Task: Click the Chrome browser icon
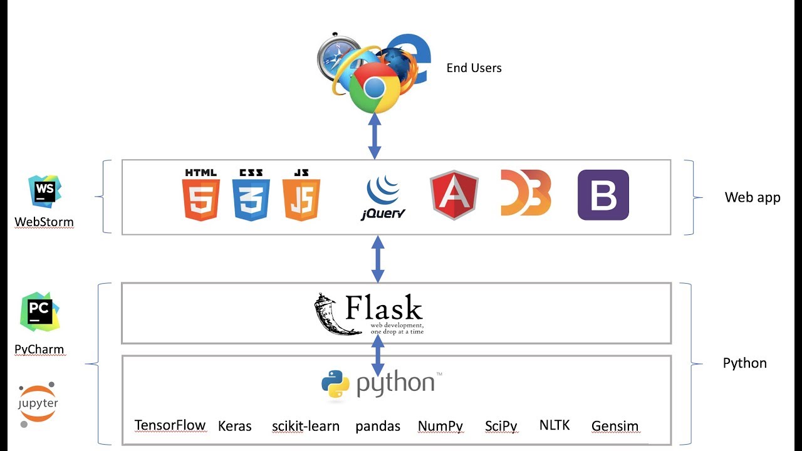(374, 88)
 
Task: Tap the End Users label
(474, 68)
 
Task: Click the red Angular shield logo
(454, 195)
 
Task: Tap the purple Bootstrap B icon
(603, 195)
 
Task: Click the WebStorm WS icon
(44, 191)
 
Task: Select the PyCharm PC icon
(39, 311)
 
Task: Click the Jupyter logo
(38, 404)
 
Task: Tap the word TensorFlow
(170, 425)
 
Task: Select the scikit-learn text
(305, 426)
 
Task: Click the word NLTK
(554, 425)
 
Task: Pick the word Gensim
(615, 426)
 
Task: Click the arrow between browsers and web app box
(374, 136)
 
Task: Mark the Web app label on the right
(752, 197)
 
